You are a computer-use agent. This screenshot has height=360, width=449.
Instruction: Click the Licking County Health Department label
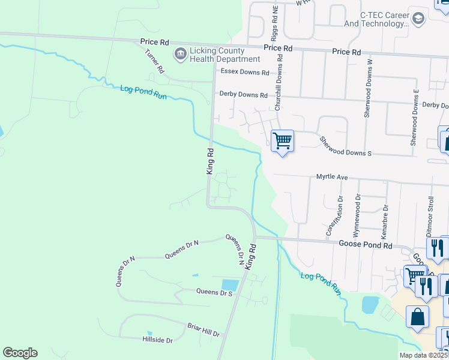pos(225,55)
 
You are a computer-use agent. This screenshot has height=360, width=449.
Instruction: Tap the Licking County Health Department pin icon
pos(179,55)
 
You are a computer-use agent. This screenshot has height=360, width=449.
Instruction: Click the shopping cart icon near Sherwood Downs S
pos(282,141)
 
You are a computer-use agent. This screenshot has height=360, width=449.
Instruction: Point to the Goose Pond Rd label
pos(365,245)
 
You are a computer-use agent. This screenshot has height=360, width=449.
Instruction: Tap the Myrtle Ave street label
pos(333,178)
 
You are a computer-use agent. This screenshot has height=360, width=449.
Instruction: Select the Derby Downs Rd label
pos(243,95)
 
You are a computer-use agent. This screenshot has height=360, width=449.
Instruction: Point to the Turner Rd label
pos(154,61)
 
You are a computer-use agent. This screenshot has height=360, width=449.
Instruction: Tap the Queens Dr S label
pos(214,293)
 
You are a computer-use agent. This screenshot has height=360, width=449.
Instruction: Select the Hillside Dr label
pos(157,340)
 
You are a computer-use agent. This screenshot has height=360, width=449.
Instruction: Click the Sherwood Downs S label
pos(346,146)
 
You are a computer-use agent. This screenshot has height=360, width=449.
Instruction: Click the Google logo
pos(20,353)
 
